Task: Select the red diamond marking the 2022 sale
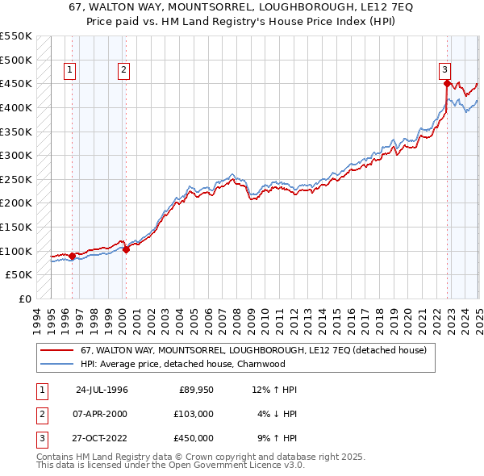(447, 84)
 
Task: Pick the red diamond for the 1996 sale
(72, 256)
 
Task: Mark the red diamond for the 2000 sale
(126, 249)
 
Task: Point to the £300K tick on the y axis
(15, 155)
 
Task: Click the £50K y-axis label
(19, 275)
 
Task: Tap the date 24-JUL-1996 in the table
(102, 390)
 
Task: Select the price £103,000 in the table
(194, 414)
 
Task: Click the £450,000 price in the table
(194, 438)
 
